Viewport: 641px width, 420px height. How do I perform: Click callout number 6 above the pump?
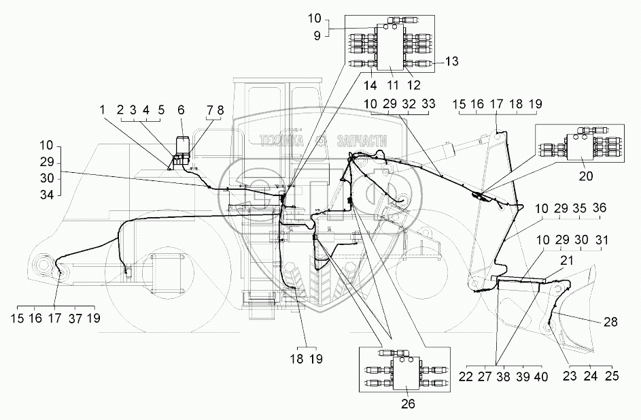click(x=181, y=110)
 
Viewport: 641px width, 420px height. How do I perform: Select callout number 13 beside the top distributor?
click(x=451, y=61)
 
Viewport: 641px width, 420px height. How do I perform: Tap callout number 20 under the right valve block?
click(x=586, y=176)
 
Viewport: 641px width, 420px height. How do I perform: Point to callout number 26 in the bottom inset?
click(x=408, y=404)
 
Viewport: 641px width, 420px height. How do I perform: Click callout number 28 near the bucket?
click(x=610, y=322)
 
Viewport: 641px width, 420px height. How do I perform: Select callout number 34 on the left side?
click(x=47, y=195)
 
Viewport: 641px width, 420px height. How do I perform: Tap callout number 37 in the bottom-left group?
click(x=75, y=318)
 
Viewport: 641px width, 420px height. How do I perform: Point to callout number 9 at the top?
click(x=317, y=36)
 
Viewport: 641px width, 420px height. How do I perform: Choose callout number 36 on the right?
click(x=599, y=208)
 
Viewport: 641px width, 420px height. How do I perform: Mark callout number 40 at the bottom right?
click(x=541, y=376)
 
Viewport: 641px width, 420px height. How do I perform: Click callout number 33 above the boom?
click(x=428, y=103)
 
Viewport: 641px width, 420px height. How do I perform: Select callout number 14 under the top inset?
click(x=370, y=86)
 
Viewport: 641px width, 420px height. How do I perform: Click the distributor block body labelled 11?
click(x=390, y=47)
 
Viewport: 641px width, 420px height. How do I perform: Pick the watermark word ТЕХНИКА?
click(x=281, y=141)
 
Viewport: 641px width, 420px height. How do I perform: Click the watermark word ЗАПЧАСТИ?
click(x=362, y=141)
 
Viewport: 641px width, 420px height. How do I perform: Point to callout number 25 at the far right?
click(x=612, y=375)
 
